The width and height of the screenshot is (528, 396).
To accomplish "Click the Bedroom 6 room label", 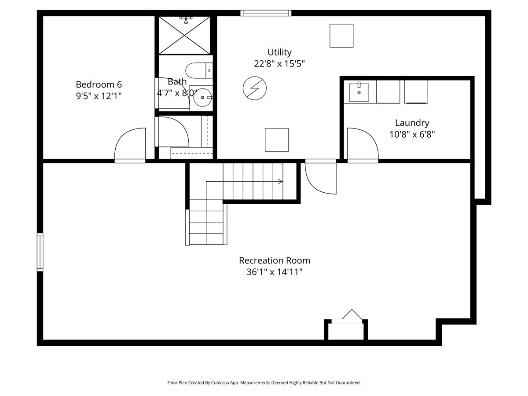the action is pos(99,84).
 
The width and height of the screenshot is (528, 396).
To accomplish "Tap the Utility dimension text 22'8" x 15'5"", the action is pos(279,64).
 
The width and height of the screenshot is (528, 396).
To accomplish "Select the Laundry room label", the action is pos(412,123).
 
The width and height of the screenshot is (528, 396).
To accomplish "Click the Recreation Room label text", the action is pos(275,260).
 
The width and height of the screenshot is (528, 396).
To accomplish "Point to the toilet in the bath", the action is pos(199,70).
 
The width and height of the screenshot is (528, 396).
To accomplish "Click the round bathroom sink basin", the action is pos(202,97).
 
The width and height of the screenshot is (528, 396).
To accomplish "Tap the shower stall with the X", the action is pos(184,35).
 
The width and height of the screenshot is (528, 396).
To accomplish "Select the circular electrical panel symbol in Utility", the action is pos(254,88).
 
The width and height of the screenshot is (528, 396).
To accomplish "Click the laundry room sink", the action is pos(359,92).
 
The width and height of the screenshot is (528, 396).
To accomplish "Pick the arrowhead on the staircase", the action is pos(280,182).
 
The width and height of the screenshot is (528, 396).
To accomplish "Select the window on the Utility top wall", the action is pos(266,13).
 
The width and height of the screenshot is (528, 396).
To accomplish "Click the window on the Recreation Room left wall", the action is pos(40,252).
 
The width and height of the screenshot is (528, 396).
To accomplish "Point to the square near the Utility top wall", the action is pos(341,36).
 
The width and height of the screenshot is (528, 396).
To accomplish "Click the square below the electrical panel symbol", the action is pos(277,140).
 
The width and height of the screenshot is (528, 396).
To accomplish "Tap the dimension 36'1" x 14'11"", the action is pos(275,272).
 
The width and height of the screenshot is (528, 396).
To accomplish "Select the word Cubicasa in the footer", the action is pos(220,382).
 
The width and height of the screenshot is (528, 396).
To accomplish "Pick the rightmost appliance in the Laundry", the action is pos(416,92).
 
